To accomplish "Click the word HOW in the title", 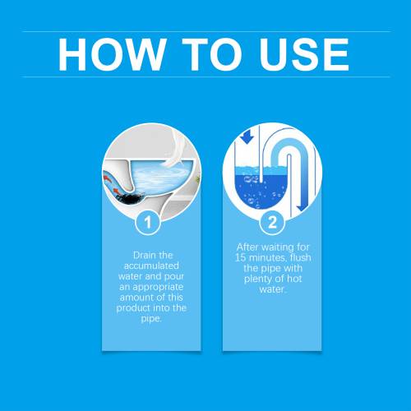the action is [x=112, y=54].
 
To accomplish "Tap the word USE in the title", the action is [x=304, y=54].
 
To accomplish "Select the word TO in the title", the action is [x=212, y=54].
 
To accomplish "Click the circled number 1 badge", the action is [x=148, y=222].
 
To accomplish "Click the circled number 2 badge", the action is [x=272, y=222].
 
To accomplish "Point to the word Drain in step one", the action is [x=143, y=255].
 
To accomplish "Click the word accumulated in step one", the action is [x=151, y=266].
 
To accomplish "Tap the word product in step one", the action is [x=133, y=308].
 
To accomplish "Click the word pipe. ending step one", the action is [x=151, y=319].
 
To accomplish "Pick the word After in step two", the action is [x=247, y=247].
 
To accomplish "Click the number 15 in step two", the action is [x=240, y=257].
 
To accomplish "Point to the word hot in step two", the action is [x=294, y=279].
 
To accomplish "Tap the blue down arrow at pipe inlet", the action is [x=247, y=136].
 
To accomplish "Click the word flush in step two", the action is [x=301, y=257].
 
